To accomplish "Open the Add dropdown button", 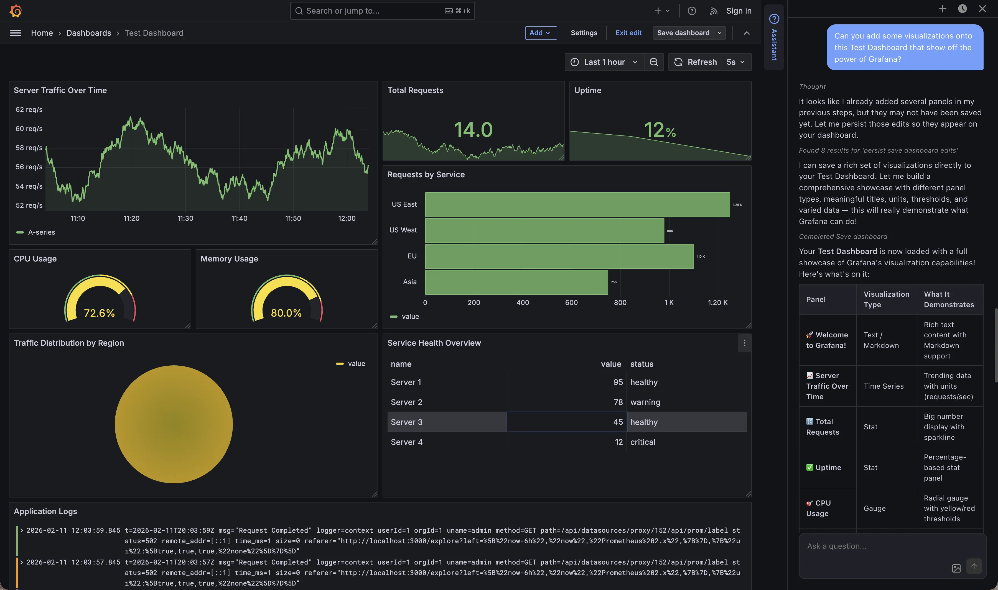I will [540, 33].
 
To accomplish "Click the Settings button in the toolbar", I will [584, 33].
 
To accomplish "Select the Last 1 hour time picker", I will [604, 62].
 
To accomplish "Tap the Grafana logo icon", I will [16, 11].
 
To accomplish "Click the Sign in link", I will [738, 11].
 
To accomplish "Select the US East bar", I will [577, 204].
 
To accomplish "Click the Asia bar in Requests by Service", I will [516, 282].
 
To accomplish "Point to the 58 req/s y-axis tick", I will [29, 147].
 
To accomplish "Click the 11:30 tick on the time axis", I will [185, 218].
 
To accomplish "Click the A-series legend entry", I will [41, 232].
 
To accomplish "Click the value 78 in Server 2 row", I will [618, 402].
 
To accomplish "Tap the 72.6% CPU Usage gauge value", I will [99, 313].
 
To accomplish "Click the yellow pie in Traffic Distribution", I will [174, 424].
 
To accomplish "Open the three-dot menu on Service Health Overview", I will [744, 343].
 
